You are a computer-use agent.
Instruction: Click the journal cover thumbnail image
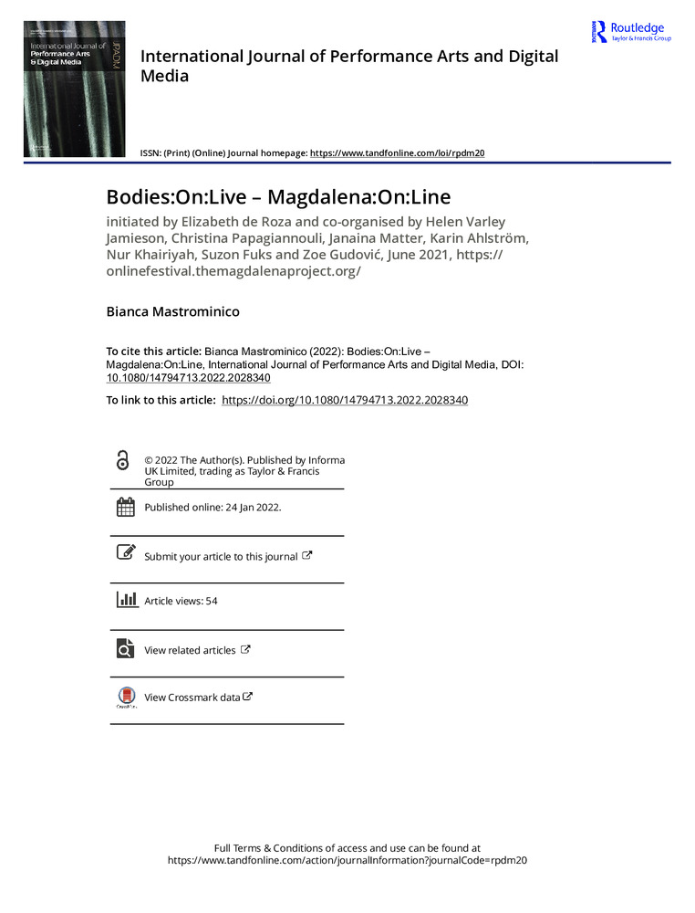coord(74,89)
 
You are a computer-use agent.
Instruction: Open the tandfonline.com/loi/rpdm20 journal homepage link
coord(397,153)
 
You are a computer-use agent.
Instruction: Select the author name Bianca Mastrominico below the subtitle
coord(172,312)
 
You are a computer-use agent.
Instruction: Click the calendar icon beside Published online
coord(125,508)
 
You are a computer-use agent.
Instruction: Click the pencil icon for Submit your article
coord(125,553)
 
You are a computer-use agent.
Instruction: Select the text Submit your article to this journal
coord(221,556)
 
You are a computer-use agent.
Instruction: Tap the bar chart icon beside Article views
coord(125,600)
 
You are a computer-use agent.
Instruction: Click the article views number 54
coord(212,601)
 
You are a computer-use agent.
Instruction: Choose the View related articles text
coord(190,650)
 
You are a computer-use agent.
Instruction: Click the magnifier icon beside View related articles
coord(125,648)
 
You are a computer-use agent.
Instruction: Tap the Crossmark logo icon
coord(126,697)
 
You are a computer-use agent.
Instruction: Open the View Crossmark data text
coord(192,698)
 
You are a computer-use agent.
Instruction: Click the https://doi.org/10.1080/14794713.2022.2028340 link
coord(345,400)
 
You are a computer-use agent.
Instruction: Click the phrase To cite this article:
coord(153,350)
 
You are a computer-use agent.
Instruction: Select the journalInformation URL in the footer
coord(348,860)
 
